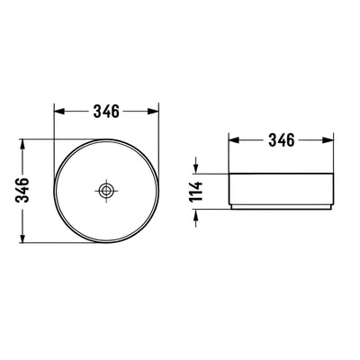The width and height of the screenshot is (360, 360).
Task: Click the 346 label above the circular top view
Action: [106, 112]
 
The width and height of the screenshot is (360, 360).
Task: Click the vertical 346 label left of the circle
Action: [22, 190]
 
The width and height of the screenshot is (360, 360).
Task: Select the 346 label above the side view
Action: [282, 140]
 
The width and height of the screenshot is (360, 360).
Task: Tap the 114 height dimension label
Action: [196, 192]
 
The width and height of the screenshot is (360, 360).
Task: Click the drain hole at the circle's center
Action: [106, 190]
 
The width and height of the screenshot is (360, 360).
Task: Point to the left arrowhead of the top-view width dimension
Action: [59, 112]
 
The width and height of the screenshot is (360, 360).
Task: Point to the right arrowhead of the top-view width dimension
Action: [153, 112]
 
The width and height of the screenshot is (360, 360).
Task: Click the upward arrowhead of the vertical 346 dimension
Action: [22, 144]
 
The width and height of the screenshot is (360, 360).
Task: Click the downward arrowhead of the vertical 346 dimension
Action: [22, 238]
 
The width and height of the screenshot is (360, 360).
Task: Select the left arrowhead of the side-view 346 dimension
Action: [234, 140]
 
